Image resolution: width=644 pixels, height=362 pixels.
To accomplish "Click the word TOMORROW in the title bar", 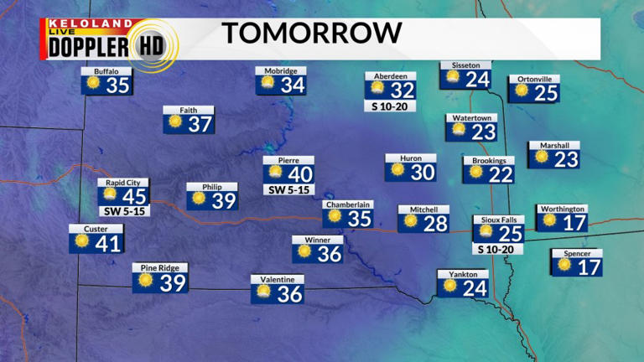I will click(311, 34).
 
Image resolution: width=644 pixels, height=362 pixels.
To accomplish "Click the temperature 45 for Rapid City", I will click(134, 196).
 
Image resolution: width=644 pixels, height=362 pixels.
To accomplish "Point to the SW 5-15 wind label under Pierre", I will click(288, 190).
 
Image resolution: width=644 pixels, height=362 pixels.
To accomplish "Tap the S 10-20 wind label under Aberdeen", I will click(390, 106).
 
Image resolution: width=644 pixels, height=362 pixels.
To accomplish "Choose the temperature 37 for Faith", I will click(200, 124).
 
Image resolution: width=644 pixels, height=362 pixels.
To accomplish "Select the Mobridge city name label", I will click(281, 71).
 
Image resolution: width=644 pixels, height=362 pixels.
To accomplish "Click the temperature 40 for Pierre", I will click(299, 175).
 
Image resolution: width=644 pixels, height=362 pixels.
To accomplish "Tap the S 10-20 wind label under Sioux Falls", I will click(498, 249).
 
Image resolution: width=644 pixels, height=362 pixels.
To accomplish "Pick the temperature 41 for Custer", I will click(109, 244).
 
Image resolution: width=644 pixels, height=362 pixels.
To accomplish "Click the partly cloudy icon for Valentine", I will click(263, 292).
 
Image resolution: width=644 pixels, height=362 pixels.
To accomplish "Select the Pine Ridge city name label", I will click(160, 268).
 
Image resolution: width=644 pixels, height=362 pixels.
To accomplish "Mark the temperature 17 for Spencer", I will click(589, 267).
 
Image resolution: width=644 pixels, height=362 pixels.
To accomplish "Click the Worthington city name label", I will click(562, 209).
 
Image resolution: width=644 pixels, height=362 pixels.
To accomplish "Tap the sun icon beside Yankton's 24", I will click(450, 286).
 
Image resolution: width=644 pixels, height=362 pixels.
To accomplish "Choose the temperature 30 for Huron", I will click(423, 173).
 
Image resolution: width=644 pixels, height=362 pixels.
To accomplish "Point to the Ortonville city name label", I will click(533, 79).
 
